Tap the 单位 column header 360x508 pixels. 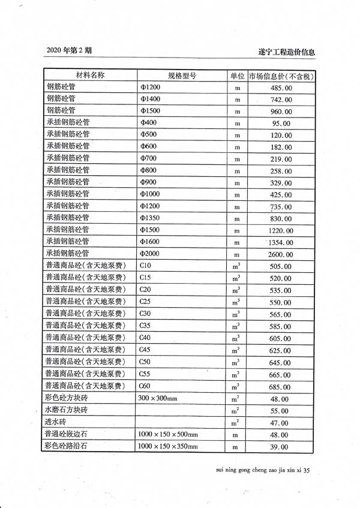237,76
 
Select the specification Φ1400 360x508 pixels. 150,99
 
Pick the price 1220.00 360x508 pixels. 281,230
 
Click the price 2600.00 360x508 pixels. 281,254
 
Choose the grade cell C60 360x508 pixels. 145,386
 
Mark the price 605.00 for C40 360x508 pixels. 281,339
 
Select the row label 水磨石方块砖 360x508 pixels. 67,410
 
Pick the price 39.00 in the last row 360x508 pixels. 281,447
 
